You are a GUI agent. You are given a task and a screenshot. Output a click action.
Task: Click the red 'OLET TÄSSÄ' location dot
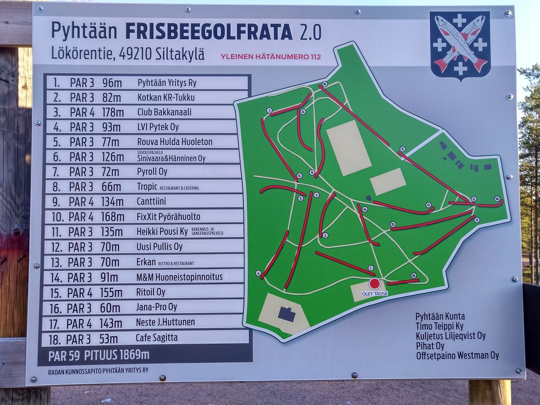(374, 283)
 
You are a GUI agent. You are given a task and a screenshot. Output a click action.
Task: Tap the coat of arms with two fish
(460, 45)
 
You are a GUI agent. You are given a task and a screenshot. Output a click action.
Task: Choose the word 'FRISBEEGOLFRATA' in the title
(209, 32)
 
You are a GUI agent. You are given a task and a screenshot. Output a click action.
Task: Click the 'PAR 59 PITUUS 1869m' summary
(99, 355)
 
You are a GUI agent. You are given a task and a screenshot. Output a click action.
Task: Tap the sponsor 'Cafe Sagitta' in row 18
(157, 337)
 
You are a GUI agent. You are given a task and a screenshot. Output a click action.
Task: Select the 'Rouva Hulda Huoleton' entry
(175, 142)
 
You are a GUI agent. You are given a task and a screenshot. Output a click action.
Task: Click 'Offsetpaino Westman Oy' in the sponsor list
(457, 355)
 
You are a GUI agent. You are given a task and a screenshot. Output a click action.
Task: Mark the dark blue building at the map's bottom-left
(287, 314)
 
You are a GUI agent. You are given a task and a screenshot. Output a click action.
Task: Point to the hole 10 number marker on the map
(324, 84)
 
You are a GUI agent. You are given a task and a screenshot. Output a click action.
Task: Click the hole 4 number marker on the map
(258, 273)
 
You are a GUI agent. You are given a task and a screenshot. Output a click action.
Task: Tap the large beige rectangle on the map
(349, 148)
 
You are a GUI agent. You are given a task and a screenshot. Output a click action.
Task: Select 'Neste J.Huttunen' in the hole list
(165, 322)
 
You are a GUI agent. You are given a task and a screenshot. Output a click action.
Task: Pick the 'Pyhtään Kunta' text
(440, 316)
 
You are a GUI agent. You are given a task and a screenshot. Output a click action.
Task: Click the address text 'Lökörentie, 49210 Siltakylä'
(128, 54)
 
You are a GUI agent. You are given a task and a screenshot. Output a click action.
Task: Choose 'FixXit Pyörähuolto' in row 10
(168, 217)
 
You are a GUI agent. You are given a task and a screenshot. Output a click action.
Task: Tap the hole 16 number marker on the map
(497, 198)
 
